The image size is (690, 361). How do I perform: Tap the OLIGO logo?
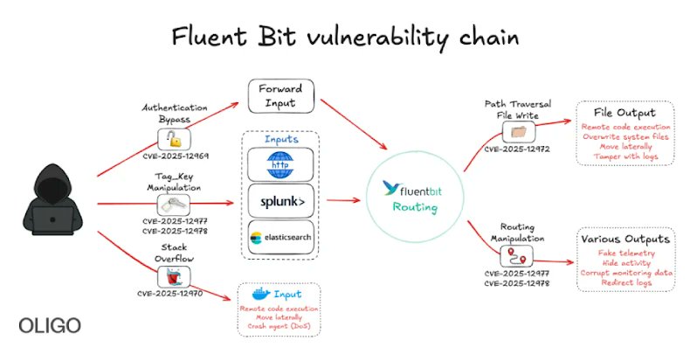[50, 326]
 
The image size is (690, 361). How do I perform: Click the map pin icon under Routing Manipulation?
[514, 256]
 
